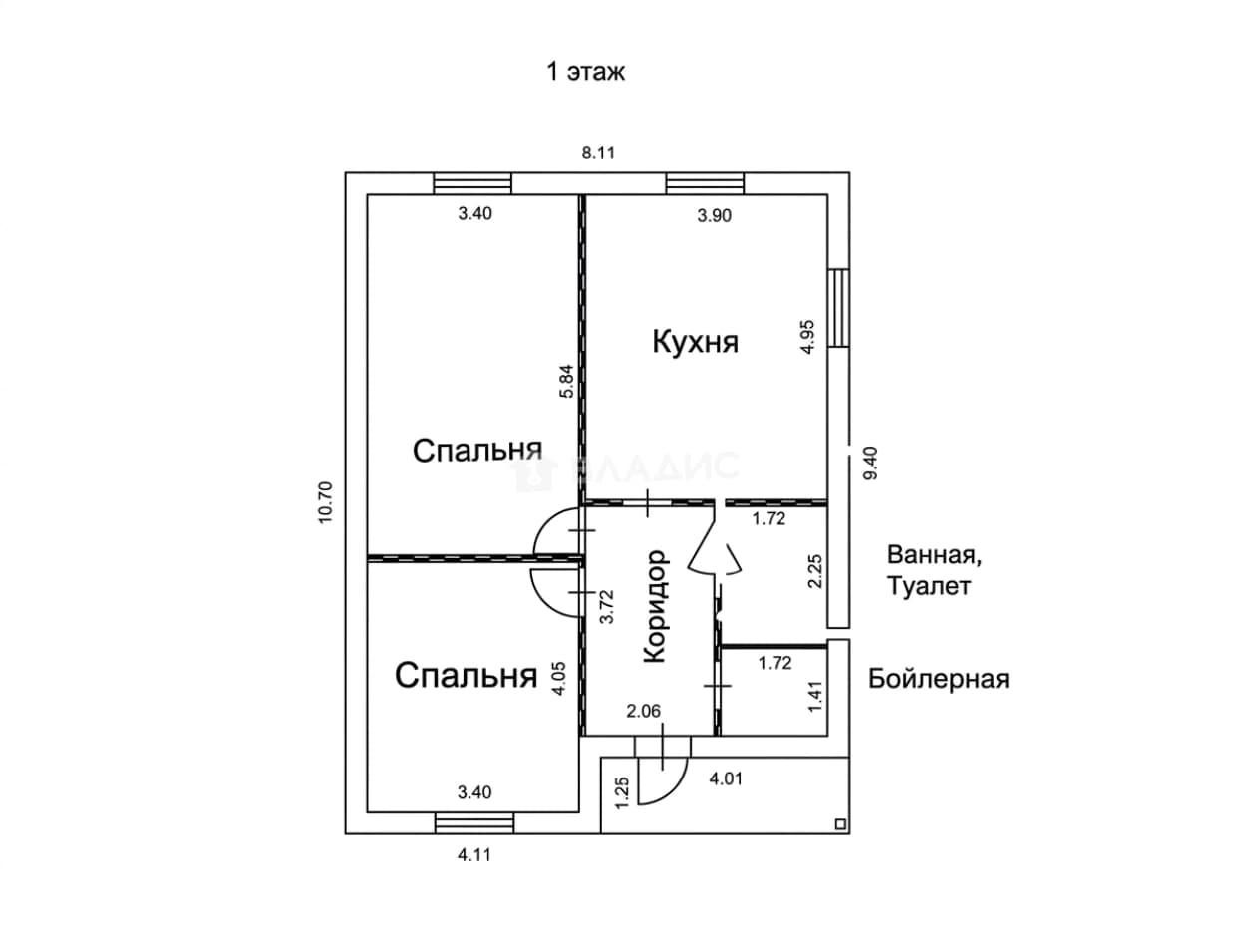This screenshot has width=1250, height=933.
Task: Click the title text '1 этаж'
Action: [x=585, y=73]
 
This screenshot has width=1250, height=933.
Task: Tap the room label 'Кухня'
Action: [x=695, y=342]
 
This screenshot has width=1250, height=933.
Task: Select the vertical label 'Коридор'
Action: [x=655, y=606]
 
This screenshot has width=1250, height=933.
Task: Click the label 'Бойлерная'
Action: [x=938, y=679]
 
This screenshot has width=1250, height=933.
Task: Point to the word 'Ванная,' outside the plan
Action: [x=934, y=555]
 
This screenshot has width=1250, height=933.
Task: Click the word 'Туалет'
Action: [x=928, y=586]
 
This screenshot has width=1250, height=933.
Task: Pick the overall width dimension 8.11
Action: [x=598, y=153]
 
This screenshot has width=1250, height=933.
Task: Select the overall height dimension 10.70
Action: [x=325, y=502]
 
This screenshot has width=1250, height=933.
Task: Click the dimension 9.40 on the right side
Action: [x=871, y=464]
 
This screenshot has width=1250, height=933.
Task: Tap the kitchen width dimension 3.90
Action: [x=714, y=215]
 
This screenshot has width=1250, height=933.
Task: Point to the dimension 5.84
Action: [x=566, y=381]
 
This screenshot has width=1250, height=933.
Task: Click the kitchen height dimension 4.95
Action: [x=808, y=337]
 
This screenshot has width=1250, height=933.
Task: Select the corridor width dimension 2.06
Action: [x=644, y=711]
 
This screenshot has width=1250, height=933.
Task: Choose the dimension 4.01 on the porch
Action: [x=726, y=778]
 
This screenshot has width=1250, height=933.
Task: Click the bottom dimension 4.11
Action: [x=473, y=855]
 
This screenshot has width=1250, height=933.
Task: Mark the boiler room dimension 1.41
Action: [x=815, y=696]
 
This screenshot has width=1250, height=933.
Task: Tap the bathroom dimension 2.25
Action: [x=815, y=571]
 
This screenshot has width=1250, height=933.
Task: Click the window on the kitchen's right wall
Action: [x=838, y=307]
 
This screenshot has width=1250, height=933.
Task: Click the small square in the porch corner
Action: [x=840, y=823]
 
